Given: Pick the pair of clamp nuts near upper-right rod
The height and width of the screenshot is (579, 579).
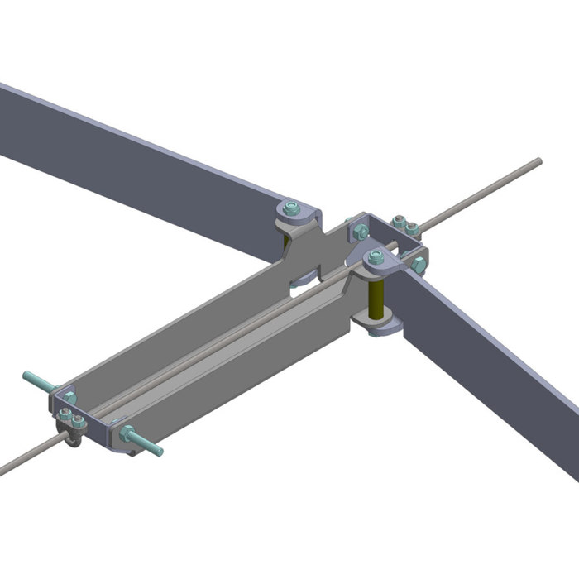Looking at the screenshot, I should (x=404, y=224).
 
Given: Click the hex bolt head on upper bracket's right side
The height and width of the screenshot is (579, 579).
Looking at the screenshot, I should (x=419, y=265).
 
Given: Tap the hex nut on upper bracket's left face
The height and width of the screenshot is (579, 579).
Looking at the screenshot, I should (x=361, y=233).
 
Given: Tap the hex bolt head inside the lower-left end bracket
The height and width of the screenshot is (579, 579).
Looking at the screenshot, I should (x=69, y=399).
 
